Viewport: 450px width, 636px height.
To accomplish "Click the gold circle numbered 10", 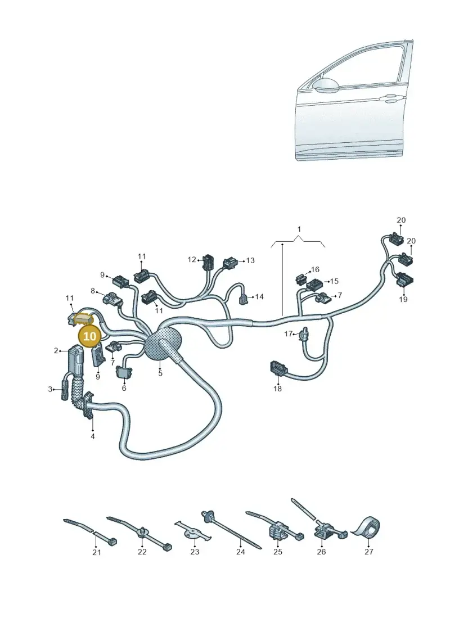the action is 89,336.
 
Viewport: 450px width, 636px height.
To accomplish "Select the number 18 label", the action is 277,389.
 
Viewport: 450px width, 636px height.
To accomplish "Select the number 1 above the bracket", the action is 299,229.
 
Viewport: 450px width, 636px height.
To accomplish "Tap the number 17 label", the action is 288,334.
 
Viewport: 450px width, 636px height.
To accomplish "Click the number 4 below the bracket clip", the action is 92,436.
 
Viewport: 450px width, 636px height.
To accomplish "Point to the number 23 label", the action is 195,552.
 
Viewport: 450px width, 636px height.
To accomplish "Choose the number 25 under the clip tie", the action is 277,552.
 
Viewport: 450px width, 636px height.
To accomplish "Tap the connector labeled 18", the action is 278,368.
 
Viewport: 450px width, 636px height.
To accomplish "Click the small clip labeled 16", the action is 301,278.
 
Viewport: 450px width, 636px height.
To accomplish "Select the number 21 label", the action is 97,552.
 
